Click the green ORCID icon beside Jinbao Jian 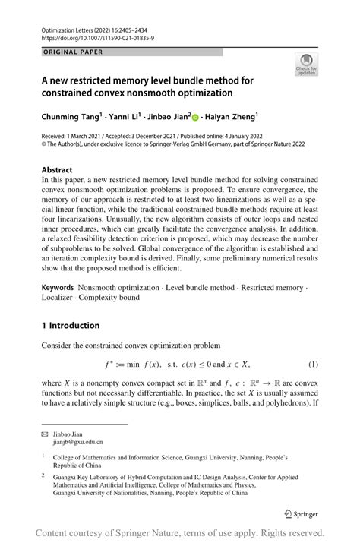[x=194, y=118]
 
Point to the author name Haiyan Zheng [x=232, y=117]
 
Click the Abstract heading [x=58, y=170]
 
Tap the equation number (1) [x=312, y=365]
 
